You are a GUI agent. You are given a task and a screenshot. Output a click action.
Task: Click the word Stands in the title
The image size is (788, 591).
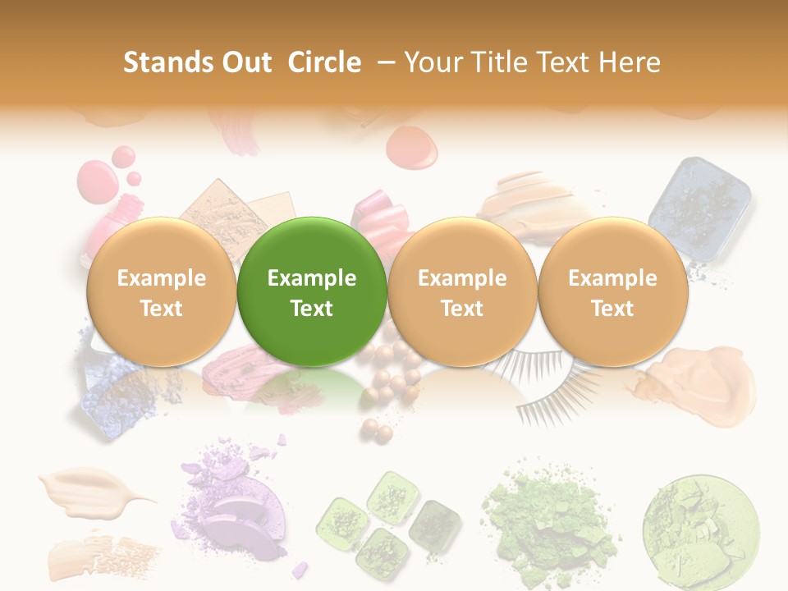(168, 62)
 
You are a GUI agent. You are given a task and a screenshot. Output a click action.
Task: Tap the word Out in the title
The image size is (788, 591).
(246, 62)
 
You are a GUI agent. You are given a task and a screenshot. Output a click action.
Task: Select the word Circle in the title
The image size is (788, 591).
(324, 62)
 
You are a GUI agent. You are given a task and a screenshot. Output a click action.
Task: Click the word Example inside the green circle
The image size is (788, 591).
(312, 278)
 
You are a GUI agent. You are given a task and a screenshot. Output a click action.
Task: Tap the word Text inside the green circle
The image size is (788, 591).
(312, 309)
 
